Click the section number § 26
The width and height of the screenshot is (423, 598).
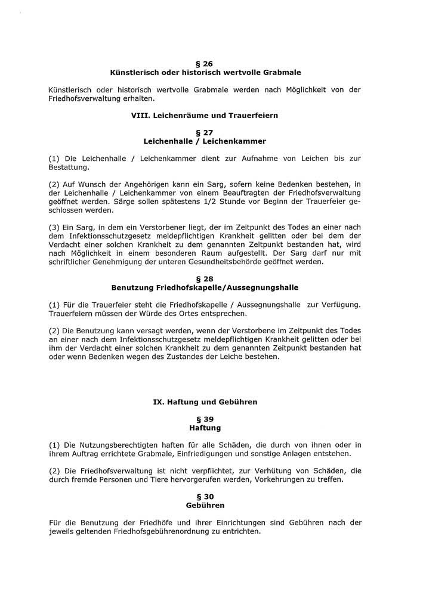click(x=205, y=63)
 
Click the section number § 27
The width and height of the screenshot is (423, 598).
click(x=205, y=132)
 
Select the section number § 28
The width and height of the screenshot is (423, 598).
click(x=205, y=278)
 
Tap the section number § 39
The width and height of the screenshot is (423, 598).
click(x=205, y=419)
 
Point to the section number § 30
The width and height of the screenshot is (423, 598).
click(x=205, y=496)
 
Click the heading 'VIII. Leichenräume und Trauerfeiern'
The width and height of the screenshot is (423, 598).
click(x=205, y=115)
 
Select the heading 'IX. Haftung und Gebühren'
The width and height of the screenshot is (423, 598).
click(x=205, y=402)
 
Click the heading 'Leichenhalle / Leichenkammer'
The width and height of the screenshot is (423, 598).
click(x=205, y=141)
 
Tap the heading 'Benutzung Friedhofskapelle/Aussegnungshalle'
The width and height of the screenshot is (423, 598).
click(x=205, y=287)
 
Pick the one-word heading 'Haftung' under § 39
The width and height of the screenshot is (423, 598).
click(x=205, y=428)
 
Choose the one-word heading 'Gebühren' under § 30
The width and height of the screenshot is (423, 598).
click(x=205, y=505)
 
